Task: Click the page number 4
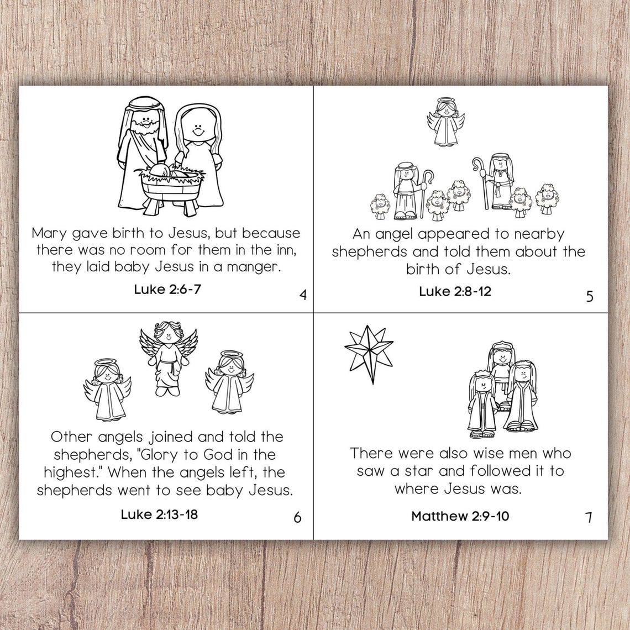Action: coord(302,295)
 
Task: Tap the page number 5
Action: coord(590,296)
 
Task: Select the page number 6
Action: coord(297,517)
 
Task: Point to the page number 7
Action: coord(589,518)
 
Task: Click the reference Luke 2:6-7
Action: coord(167,289)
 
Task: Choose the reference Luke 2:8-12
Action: coord(454,291)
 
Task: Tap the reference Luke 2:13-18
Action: coord(159,514)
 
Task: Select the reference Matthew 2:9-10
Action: coord(460,516)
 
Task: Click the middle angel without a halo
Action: coord(168,359)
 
